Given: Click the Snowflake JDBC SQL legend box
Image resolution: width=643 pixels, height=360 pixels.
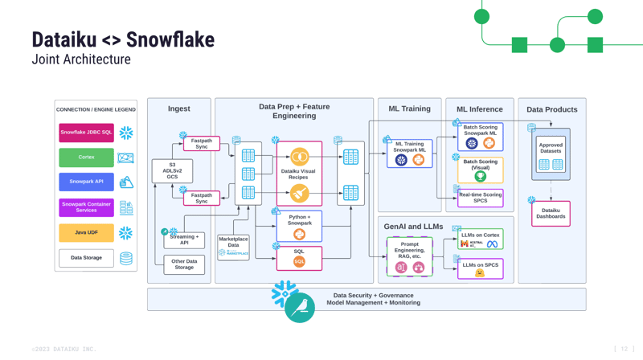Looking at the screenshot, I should (x=86, y=133).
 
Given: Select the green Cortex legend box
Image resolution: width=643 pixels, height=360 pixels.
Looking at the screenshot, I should (x=86, y=157).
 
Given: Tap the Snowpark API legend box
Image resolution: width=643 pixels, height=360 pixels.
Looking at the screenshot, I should (x=86, y=182).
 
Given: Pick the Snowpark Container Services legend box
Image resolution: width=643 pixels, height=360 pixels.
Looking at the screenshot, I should (x=86, y=207).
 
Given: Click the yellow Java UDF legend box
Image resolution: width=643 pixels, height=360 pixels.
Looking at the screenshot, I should (x=86, y=232).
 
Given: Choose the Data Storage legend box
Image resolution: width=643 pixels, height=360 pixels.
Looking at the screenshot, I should (x=86, y=258).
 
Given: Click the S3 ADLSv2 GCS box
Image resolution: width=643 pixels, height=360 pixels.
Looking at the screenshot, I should (x=172, y=171).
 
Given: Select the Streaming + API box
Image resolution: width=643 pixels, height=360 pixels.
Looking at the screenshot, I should (x=184, y=239).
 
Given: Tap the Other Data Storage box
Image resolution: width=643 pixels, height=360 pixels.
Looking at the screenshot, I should (x=184, y=264).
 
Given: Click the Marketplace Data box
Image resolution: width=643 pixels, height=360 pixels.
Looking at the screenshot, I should (x=233, y=247).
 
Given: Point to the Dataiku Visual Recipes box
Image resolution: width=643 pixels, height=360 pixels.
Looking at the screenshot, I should (x=299, y=174).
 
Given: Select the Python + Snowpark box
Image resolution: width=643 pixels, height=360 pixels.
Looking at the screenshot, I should (x=299, y=226).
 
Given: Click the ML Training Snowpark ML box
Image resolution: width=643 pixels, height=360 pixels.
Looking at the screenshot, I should (x=409, y=153).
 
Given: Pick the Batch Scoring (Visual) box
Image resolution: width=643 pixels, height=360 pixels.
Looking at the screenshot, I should (x=480, y=170).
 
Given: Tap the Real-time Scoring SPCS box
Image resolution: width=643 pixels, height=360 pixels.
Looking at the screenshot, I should (x=480, y=197).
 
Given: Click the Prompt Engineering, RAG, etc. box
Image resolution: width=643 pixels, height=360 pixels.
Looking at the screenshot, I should (x=409, y=256).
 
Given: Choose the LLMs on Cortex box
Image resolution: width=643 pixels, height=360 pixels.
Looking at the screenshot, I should (x=480, y=239).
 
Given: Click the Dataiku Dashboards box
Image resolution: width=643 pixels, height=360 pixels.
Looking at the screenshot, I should (x=551, y=213).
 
